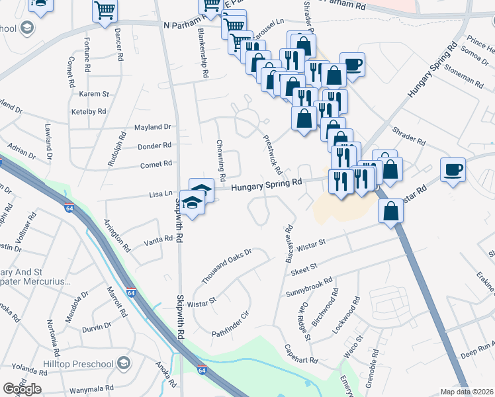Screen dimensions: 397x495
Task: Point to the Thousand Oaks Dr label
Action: pos(226,267)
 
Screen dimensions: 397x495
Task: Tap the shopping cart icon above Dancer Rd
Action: pos(105,11)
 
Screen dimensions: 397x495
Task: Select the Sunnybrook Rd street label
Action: pos(308,286)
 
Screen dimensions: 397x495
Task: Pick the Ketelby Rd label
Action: pos(89,112)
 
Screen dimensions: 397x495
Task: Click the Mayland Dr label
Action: pos(153,127)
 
